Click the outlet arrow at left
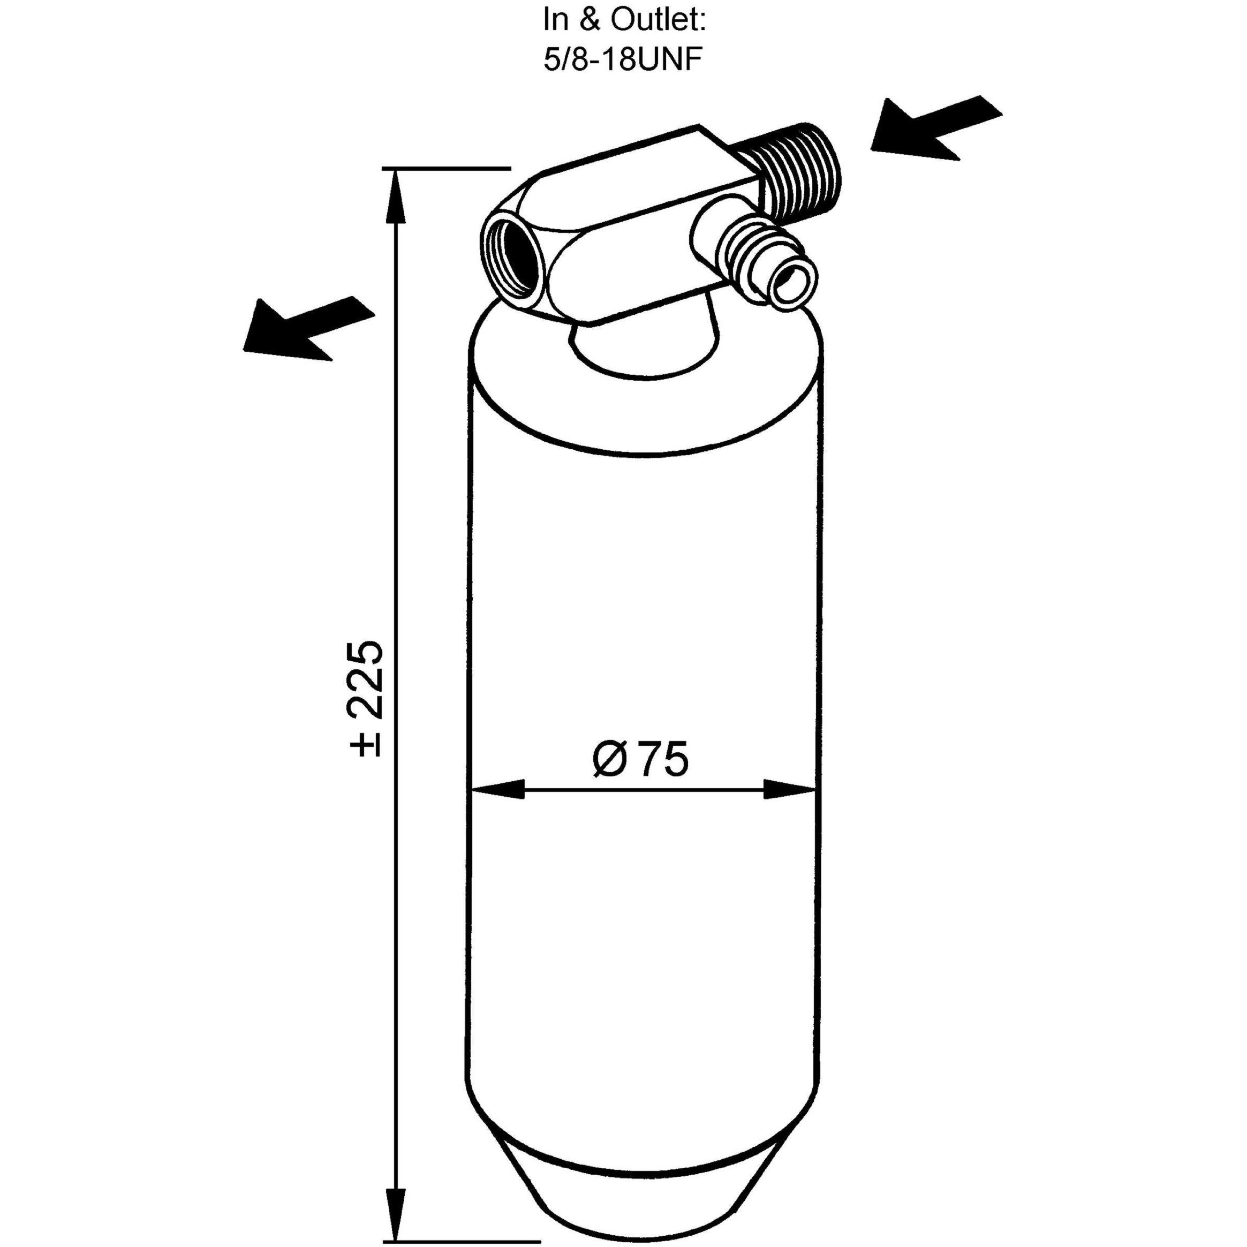click(x=308, y=328)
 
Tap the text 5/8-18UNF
click(x=623, y=62)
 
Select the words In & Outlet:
click(x=625, y=21)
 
